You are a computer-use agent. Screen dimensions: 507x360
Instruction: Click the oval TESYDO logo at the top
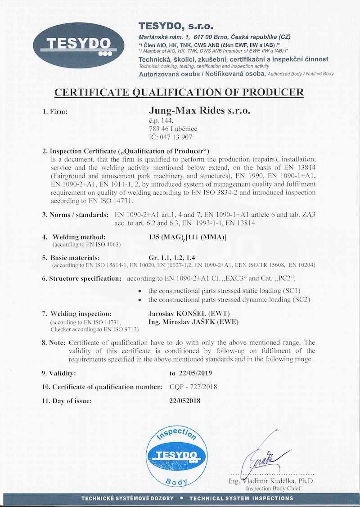pyautogui.click(x=79, y=45)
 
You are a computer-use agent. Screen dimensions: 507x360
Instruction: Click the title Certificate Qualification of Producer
pyautogui.click(x=179, y=93)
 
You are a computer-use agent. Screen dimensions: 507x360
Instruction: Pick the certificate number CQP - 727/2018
pyautogui.click(x=193, y=386)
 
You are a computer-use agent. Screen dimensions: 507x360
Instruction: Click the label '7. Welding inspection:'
pyautogui.click(x=81, y=314)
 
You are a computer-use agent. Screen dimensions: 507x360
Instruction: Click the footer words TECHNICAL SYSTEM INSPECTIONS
pyautogui.click(x=241, y=498)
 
